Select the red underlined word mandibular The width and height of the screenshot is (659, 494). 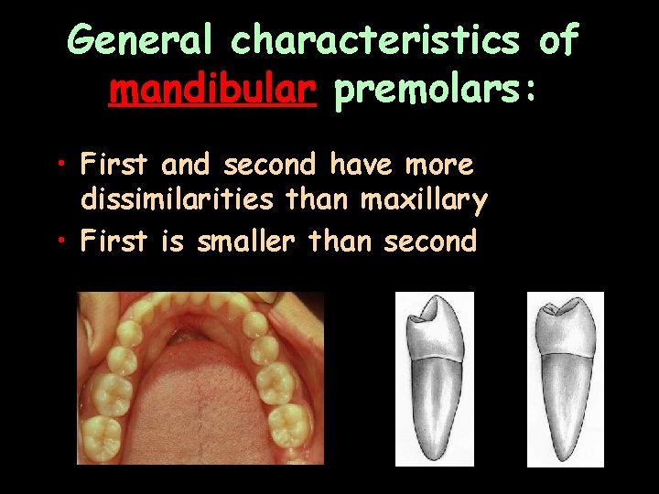[x=212, y=91]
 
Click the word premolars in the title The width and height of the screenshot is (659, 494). [x=424, y=91]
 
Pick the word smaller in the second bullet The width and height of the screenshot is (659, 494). [x=245, y=242]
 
